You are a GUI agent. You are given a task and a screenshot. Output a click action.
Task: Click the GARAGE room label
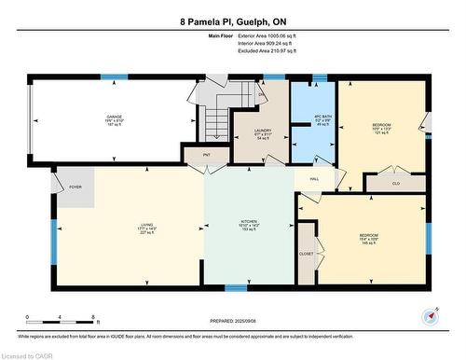(x=113, y=117)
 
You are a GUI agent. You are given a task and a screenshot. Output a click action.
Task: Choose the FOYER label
(x=75, y=186)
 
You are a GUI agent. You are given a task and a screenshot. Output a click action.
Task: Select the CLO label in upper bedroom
(x=395, y=184)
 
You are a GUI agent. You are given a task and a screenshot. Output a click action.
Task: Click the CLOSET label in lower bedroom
(x=306, y=252)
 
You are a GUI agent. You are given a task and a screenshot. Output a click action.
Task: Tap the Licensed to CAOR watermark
(x=27, y=354)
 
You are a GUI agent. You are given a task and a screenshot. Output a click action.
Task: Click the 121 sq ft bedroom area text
(x=381, y=133)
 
